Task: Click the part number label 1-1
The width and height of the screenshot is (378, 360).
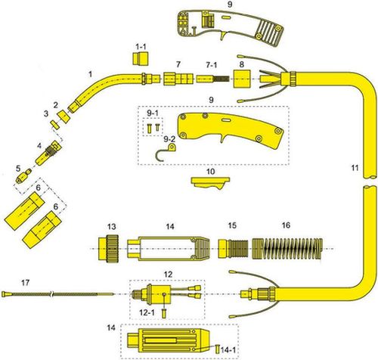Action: [x=141, y=47]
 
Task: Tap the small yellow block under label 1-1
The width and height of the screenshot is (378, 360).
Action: [x=140, y=59]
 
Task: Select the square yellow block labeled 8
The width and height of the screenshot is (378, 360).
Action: [x=242, y=79]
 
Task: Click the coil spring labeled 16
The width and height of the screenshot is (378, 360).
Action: [x=287, y=249]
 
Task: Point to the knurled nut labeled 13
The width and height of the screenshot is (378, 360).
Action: [x=108, y=249]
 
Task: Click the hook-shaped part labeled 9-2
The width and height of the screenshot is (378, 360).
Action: [x=166, y=152]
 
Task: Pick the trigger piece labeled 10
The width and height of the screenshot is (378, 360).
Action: [x=210, y=183]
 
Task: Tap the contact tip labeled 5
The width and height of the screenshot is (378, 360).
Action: [x=23, y=176]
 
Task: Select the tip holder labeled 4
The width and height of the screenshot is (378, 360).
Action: [x=48, y=153]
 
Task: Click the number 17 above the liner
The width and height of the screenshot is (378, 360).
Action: [x=25, y=283]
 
